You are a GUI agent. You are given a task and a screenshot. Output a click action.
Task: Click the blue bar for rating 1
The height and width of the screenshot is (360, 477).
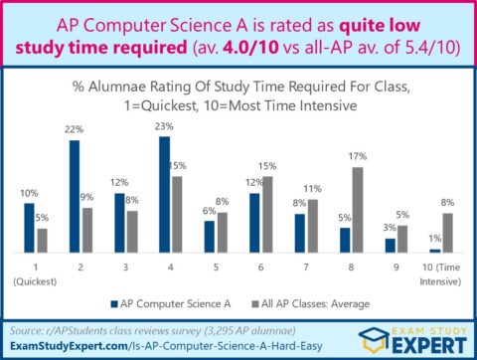[29, 228]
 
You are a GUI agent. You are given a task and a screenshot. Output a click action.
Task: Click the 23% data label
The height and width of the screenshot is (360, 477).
[165, 126]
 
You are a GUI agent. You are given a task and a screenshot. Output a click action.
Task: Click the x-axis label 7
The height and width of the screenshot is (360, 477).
[303, 269]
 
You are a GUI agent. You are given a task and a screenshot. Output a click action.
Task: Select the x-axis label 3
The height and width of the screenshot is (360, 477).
[125, 269]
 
